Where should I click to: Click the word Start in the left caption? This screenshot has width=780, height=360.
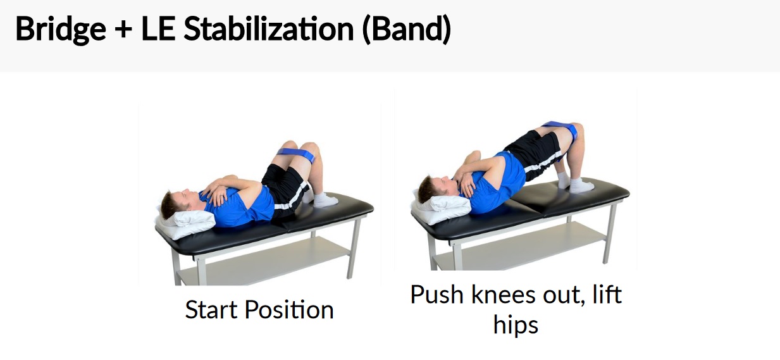(x=211, y=310)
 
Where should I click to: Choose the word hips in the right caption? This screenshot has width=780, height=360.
(x=516, y=325)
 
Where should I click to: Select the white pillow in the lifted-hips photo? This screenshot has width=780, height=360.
(x=440, y=207)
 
